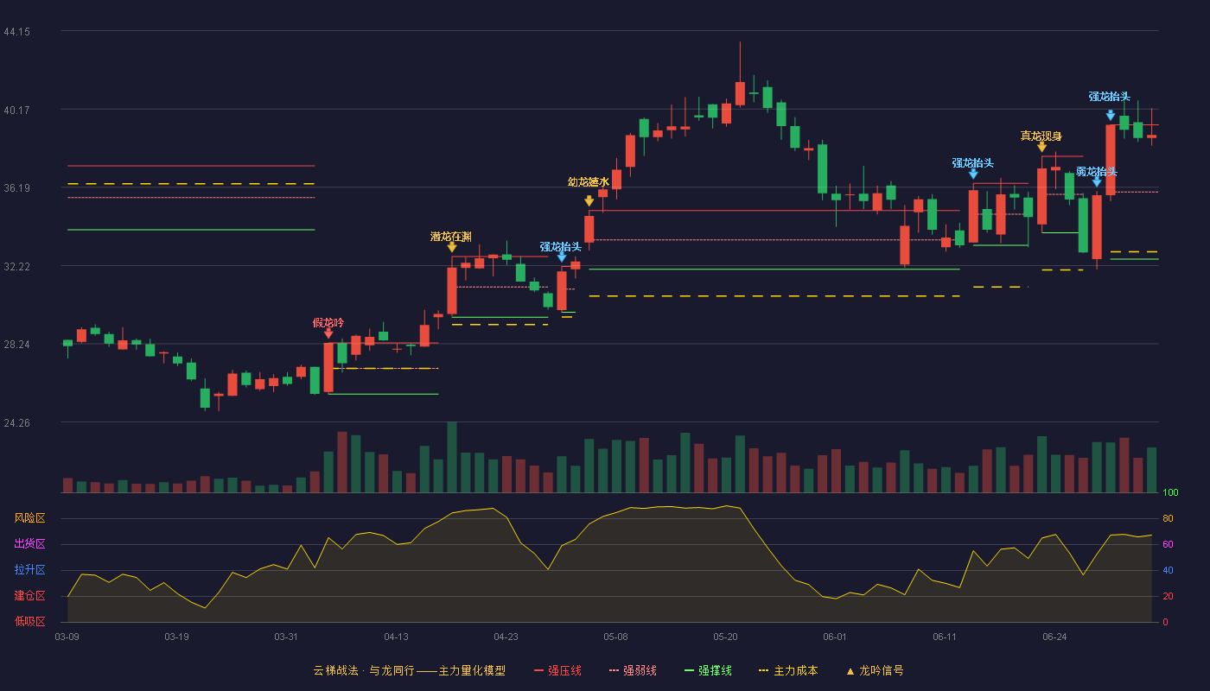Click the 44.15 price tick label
point(16,32)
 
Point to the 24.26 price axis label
point(16,422)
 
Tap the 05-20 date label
point(725,637)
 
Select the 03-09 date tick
point(67,637)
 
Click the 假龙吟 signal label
point(328,323)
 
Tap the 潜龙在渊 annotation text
point(451,237)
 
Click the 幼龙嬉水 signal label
point(589,182)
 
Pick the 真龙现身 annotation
point(1041,136)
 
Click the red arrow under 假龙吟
point(328,334)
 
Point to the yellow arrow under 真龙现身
point(1042,147)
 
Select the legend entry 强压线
point(557,670)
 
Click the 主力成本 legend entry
point(788,670)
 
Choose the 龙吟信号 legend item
point(875,670)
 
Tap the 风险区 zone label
point(29,518)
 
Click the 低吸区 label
point(29,622)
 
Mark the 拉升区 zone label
point(29,570)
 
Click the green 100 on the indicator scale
point(1170,492)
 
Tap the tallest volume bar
point(452,457)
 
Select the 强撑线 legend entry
point(708,670)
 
